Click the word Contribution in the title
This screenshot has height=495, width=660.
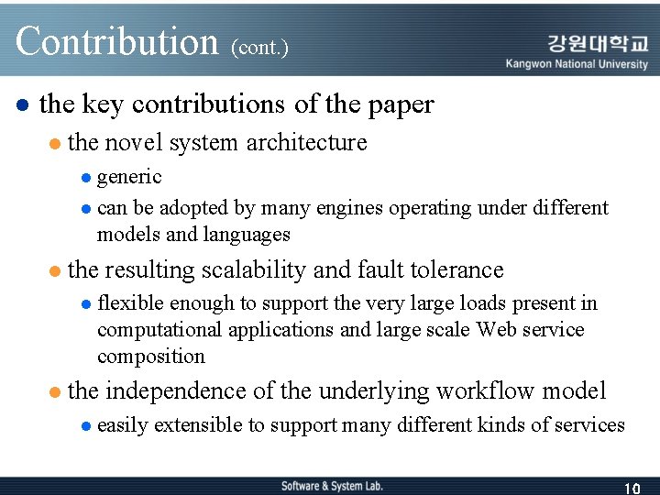point(116,41)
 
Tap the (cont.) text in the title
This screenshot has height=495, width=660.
point(260,47)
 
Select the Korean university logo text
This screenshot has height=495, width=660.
point(598,43)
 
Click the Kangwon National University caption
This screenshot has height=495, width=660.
point(577,64)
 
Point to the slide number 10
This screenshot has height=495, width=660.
point(631,488)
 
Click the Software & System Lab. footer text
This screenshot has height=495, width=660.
point(332,486)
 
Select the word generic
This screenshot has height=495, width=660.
point(129,177)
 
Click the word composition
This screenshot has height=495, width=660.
point(151,357)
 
